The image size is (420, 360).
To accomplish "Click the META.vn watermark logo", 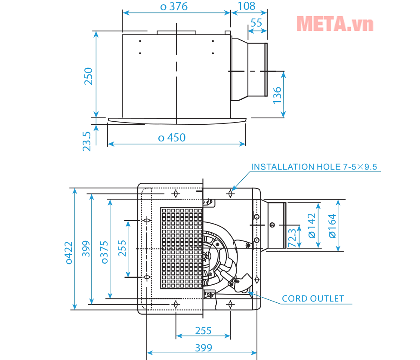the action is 335,24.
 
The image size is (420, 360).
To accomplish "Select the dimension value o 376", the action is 174,6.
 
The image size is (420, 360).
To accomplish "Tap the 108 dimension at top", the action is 247,6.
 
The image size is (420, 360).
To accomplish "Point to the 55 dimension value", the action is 256,23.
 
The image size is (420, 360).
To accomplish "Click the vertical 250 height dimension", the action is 88,76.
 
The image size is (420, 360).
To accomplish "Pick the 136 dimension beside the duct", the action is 277,95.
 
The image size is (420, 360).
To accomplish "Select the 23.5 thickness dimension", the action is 86,142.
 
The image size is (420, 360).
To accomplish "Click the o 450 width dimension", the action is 172,138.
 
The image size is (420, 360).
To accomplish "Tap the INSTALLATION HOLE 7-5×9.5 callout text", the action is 314,167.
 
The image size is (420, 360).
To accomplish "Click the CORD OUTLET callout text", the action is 313,298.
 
